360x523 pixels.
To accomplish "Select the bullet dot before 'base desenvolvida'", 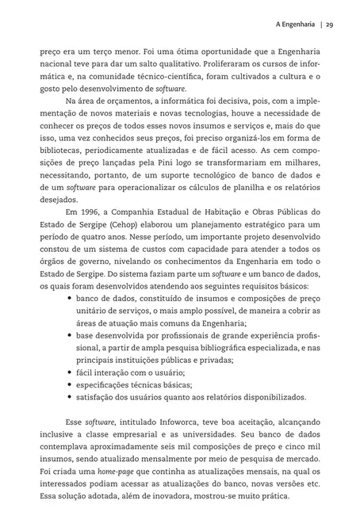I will tap(70, 335).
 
